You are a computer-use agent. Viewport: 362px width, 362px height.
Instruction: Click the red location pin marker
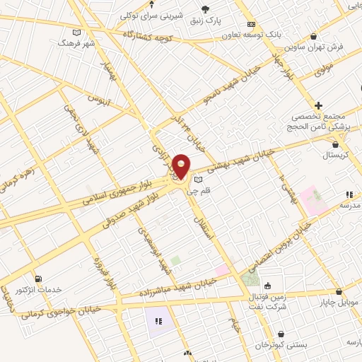181,166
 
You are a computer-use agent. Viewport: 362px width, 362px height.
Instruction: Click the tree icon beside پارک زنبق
206,8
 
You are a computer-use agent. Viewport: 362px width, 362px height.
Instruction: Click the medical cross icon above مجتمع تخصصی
319,105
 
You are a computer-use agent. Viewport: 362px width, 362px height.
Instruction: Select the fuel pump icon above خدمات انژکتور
37,279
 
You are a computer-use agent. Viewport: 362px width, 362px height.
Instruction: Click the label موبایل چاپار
339,302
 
